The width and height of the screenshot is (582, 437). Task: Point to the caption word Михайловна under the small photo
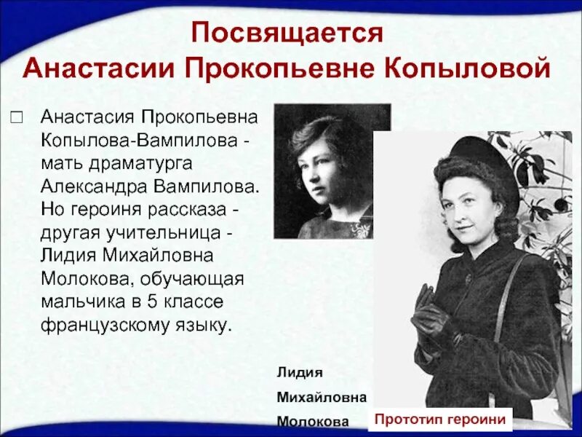pyautogui.click(x=321, y=396)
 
